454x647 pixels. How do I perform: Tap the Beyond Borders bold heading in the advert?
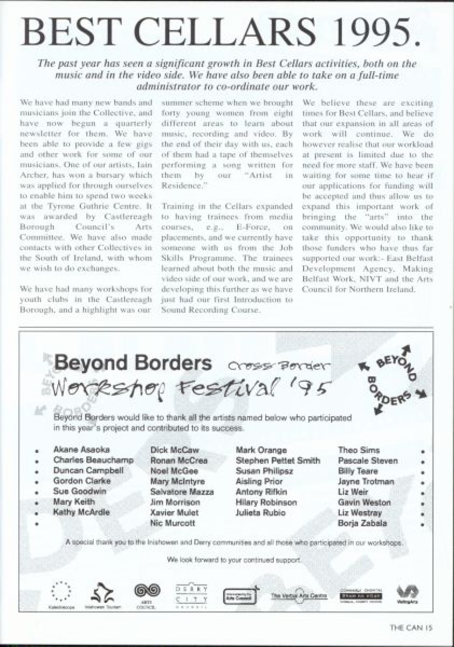tap(133, 364)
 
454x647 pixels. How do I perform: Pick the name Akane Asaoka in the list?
tap(81, 450)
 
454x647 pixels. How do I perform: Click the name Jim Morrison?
tap(175, 502)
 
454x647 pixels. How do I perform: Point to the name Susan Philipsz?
tap(264, 471)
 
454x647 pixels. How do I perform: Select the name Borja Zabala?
tap(362, 524)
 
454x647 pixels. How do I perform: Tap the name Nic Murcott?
tap(173, 524)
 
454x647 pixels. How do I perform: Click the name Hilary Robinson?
tap(266, 502)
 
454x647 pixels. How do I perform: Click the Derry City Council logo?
tap(191, 597)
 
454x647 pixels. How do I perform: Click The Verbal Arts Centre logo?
tap(299, 596)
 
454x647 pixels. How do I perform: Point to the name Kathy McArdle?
tap(81, 513)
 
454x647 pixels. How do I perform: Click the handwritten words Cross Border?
tap(280, 365)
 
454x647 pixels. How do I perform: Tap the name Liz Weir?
tap(353, 492)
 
